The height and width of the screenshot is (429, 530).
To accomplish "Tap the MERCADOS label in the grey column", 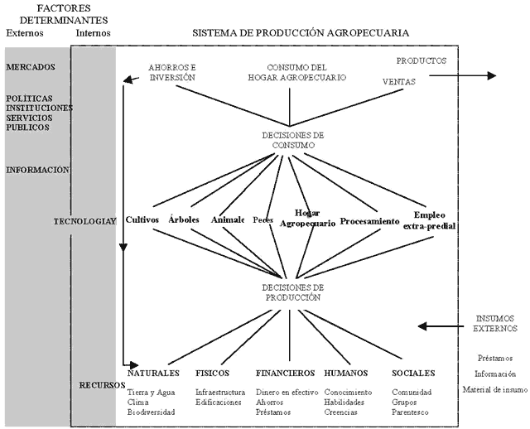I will [31, 66].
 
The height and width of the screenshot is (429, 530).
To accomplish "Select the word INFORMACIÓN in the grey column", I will [36, 171].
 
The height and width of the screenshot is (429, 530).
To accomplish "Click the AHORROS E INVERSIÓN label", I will [171, 72].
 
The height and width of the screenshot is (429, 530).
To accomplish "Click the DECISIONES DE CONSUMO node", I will [287, 139].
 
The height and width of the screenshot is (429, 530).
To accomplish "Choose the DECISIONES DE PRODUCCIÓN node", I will [287, 291].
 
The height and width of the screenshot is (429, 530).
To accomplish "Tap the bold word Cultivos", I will [142, 221].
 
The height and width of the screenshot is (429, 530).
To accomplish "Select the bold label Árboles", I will [183, 221].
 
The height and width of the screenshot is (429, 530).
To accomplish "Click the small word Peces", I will [263, 221].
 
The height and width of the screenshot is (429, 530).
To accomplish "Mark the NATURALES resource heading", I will [153, 374].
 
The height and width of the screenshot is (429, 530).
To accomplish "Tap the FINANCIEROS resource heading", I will [283, 374].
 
